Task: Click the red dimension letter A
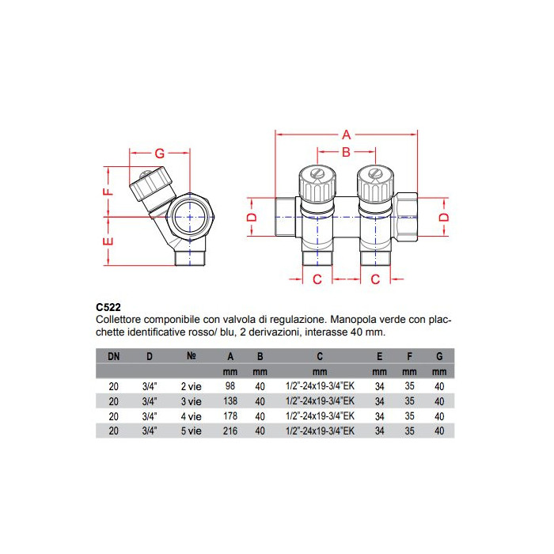[x=347, y=135]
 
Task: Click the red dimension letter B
[x=347, y=152]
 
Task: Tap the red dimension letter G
[x=160, y=154]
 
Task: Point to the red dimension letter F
[x=108, y=192]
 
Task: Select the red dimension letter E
[x=108, y=241]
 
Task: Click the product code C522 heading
[x=108, y=307]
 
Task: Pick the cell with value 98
[x=230, y=386]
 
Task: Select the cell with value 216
[x=230, y=431]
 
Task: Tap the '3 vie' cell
[x=192, y=401]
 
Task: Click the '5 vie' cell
[x=192, y=431]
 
